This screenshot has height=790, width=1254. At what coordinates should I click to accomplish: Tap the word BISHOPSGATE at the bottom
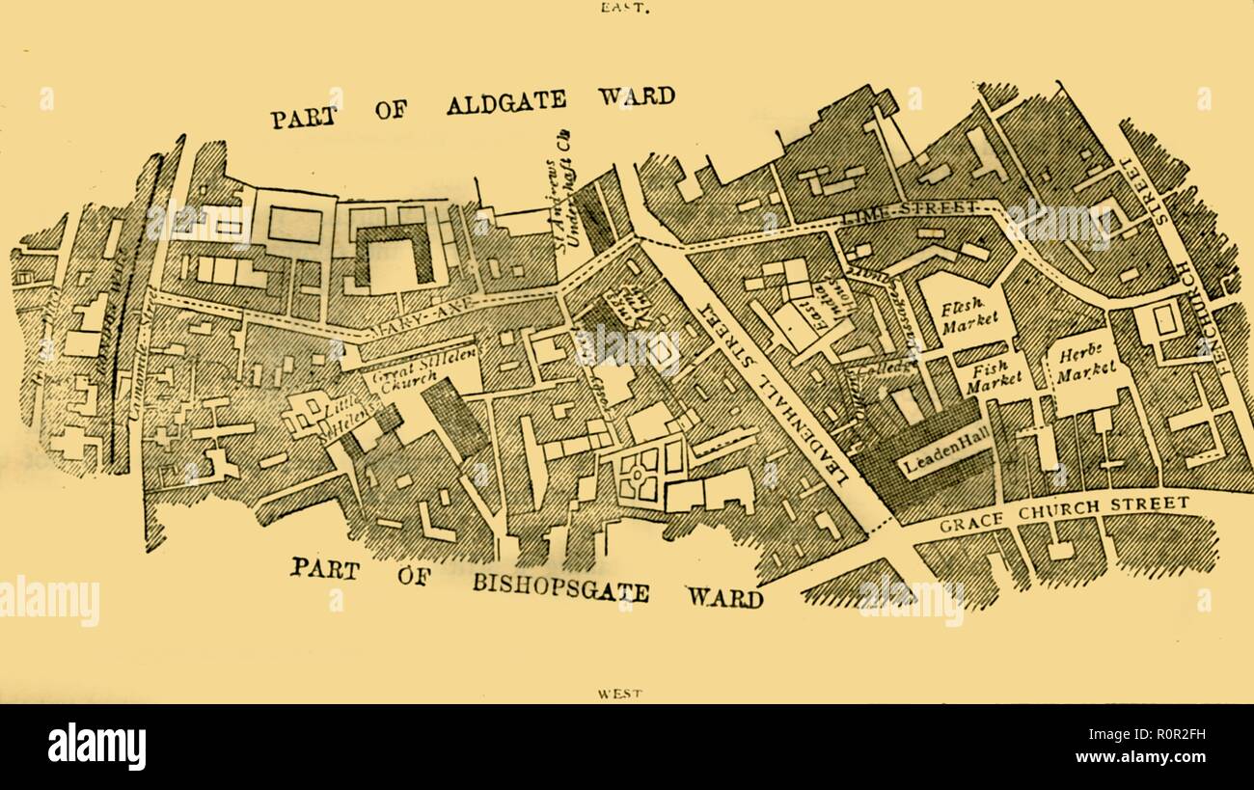[x=560, y=585]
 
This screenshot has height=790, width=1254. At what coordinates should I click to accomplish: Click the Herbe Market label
[x=1086, y=361]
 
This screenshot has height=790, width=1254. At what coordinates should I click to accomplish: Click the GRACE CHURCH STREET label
[x=1064, y=513]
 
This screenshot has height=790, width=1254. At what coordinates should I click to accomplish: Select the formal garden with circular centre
[x=640, y=472]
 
